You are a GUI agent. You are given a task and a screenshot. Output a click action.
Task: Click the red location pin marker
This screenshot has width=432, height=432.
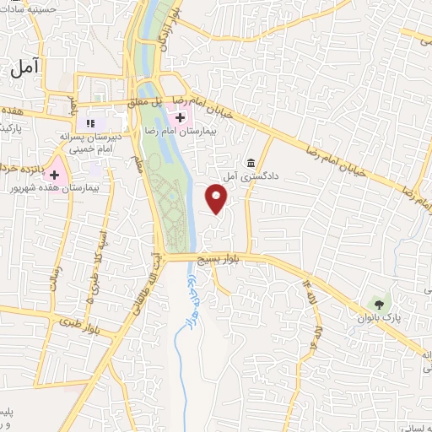click(x=217, y=199)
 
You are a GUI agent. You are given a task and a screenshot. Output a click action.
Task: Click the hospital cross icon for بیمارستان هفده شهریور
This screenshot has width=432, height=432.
click(x=55, y=175)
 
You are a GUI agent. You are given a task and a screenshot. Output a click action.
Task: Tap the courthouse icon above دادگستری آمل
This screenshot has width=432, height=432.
click(x=251, y=163)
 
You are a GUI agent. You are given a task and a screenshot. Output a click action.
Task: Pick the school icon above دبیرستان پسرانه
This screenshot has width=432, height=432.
click(x=90, y=124)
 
